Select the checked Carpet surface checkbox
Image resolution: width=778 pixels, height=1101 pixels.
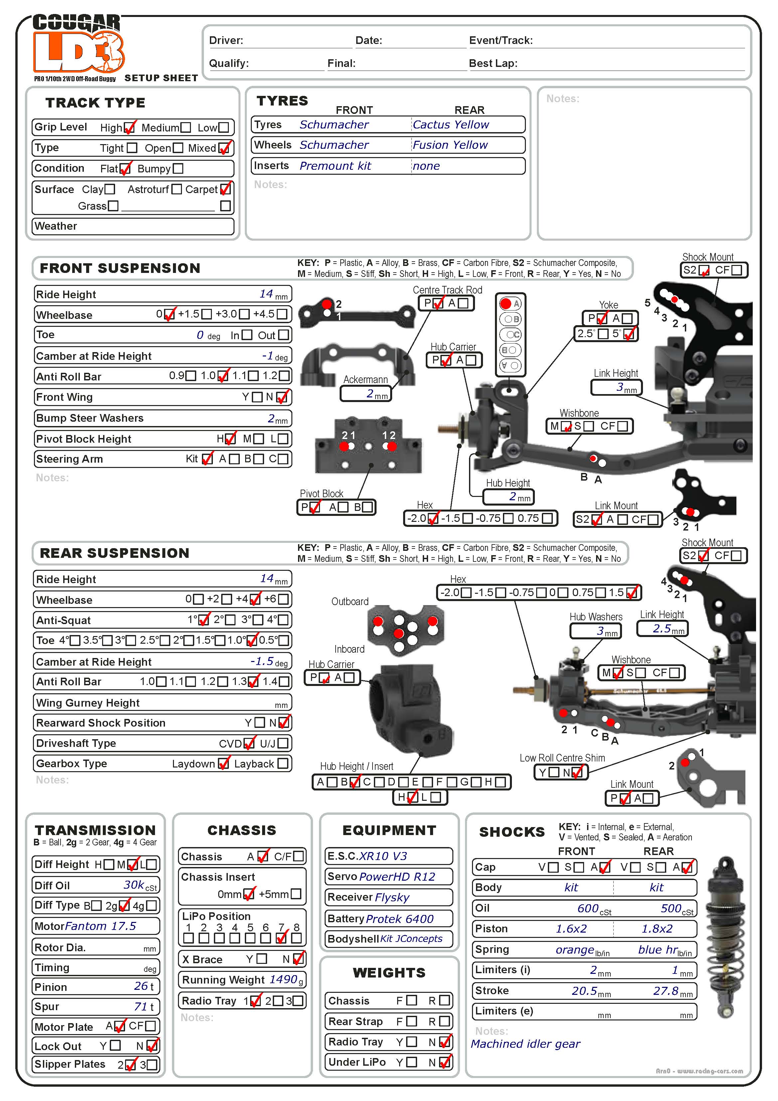[x=225, y=189]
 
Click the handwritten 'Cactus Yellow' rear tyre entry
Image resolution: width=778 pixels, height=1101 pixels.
[x=451, y=125]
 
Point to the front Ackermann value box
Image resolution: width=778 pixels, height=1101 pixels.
[x=366, y=394]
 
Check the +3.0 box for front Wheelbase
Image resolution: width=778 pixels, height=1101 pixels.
[x=244, y=314]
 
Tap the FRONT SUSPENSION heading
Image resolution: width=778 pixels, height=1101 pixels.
[x=120, y=268]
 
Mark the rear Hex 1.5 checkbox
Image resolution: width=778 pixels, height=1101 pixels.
[x=632, y=593]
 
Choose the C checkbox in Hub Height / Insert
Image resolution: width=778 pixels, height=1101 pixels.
[x=379, y=782]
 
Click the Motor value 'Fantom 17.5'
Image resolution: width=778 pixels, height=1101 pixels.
[x=101, y=926]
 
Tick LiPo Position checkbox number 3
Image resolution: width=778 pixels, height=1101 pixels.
[x=220, y=938]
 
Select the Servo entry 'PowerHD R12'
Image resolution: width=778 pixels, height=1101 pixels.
[x=397, y=877]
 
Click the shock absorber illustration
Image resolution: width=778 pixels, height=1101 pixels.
[x=726, y=938]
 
